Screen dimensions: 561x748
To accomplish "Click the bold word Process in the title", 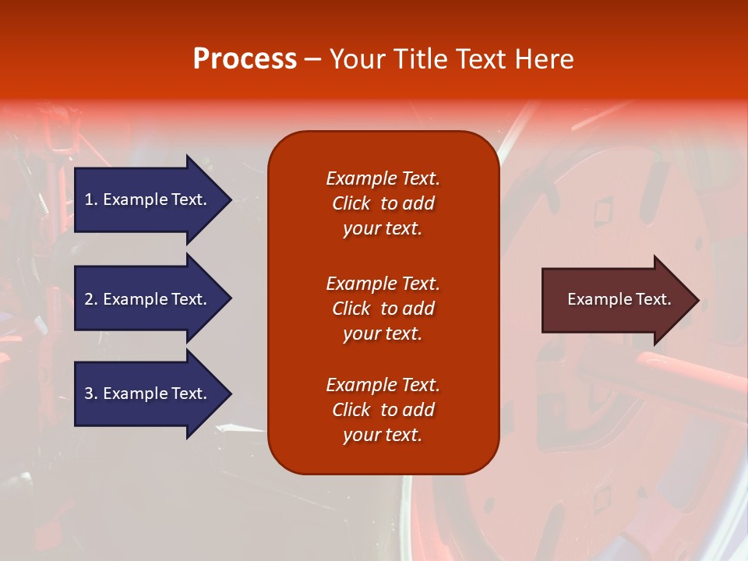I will tap(245, 59).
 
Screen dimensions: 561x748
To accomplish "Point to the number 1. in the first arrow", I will tap(91, 199).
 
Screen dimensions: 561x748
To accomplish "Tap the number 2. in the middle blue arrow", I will tap(91, 299).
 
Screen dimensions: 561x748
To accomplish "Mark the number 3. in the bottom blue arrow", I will tap(91, 393).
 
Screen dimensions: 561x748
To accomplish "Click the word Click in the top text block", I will tap(351, 203).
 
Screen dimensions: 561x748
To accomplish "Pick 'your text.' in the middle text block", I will tap(383, 333).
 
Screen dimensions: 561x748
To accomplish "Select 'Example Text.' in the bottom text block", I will tap(383, 385).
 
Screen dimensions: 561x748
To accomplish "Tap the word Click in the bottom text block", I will tap(351, 410).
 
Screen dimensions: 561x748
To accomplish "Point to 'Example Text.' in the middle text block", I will tap(383, 284).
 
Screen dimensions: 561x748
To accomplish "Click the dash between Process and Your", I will tap(312, 60).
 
